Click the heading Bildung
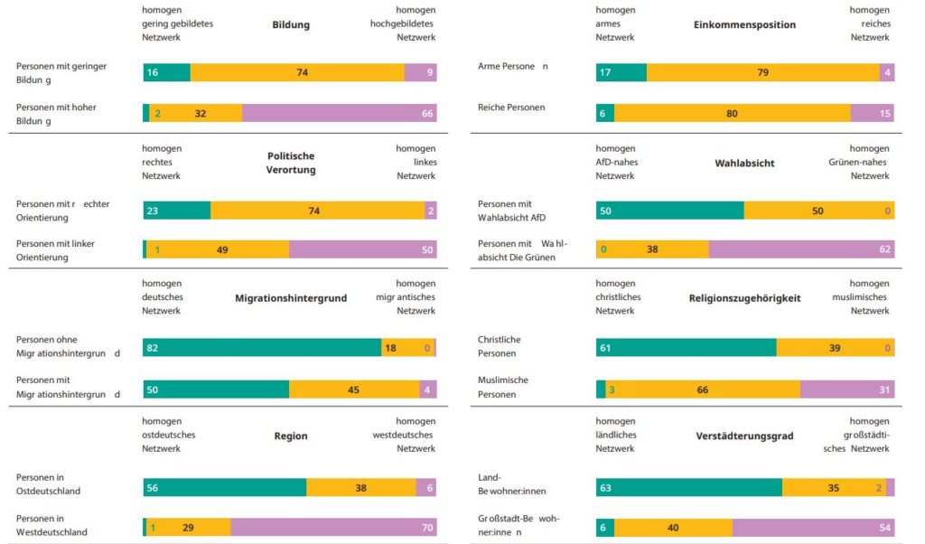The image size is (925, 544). (x=291, y=24)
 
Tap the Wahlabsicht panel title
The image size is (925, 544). (x=744, y=164)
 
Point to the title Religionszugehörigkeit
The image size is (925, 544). (x=744, y=297)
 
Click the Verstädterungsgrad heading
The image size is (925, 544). (x=744, y=436)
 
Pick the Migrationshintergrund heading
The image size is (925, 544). (x=291, y=297)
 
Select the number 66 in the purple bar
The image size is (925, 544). (x=427, y=114)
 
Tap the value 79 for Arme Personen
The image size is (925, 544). (x=762, y=72)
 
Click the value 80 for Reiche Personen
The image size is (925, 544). (x=732, y=114)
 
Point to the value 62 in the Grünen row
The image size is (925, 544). (x=884, y=249)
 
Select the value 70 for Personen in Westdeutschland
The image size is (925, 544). (x=427, y=528)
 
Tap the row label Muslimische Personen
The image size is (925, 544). (x=502, y=387)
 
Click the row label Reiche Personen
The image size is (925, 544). (x=511, y=108)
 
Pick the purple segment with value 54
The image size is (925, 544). (x=813, y=528)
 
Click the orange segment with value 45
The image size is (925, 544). (x=354, y=390)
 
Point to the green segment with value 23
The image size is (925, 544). (x=177, y=211)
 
